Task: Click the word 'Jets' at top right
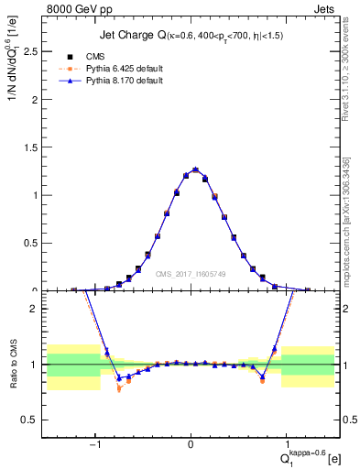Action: pos(327,9)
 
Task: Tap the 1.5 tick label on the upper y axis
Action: pos(31,147)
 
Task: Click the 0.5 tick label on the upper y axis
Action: pos(31,243)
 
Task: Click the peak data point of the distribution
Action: pos(195,169)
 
